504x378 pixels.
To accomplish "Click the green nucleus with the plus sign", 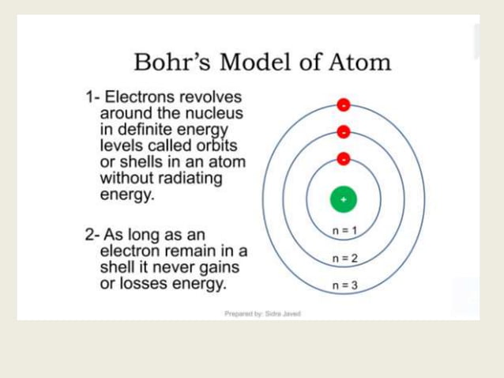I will (344, 199).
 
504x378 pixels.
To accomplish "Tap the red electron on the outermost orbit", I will (344, 104).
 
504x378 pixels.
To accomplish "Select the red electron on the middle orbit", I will (344, 131).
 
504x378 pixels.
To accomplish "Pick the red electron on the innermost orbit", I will (344, 158).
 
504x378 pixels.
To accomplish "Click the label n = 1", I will (344, 231).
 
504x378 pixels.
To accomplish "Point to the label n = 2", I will (344, 259).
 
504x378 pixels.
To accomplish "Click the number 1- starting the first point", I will (93, 98).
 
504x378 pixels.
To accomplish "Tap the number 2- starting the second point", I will (93, 235).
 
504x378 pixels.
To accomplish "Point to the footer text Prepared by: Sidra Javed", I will (262, 314).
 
